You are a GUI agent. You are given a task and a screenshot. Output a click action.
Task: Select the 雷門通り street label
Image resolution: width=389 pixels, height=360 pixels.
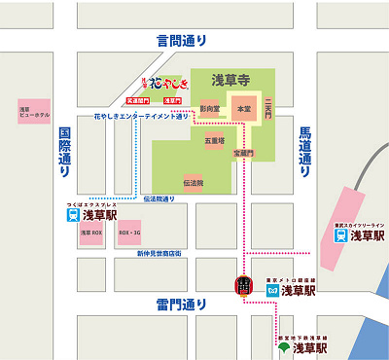pyautogui.click(x=182, y=305)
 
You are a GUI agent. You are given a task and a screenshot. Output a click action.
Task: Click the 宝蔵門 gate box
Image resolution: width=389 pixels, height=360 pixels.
pyautogui.click(x=243, y=153)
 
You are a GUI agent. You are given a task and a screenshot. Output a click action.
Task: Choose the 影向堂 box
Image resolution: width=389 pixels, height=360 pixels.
pyautogui.click(x=210, y=109)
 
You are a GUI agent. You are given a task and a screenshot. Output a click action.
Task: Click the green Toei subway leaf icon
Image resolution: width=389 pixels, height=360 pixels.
pyautogui.click(x=284, y=346)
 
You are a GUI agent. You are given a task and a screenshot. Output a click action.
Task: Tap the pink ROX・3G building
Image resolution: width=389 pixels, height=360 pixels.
pyautogui.click(x=129, y=234)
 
